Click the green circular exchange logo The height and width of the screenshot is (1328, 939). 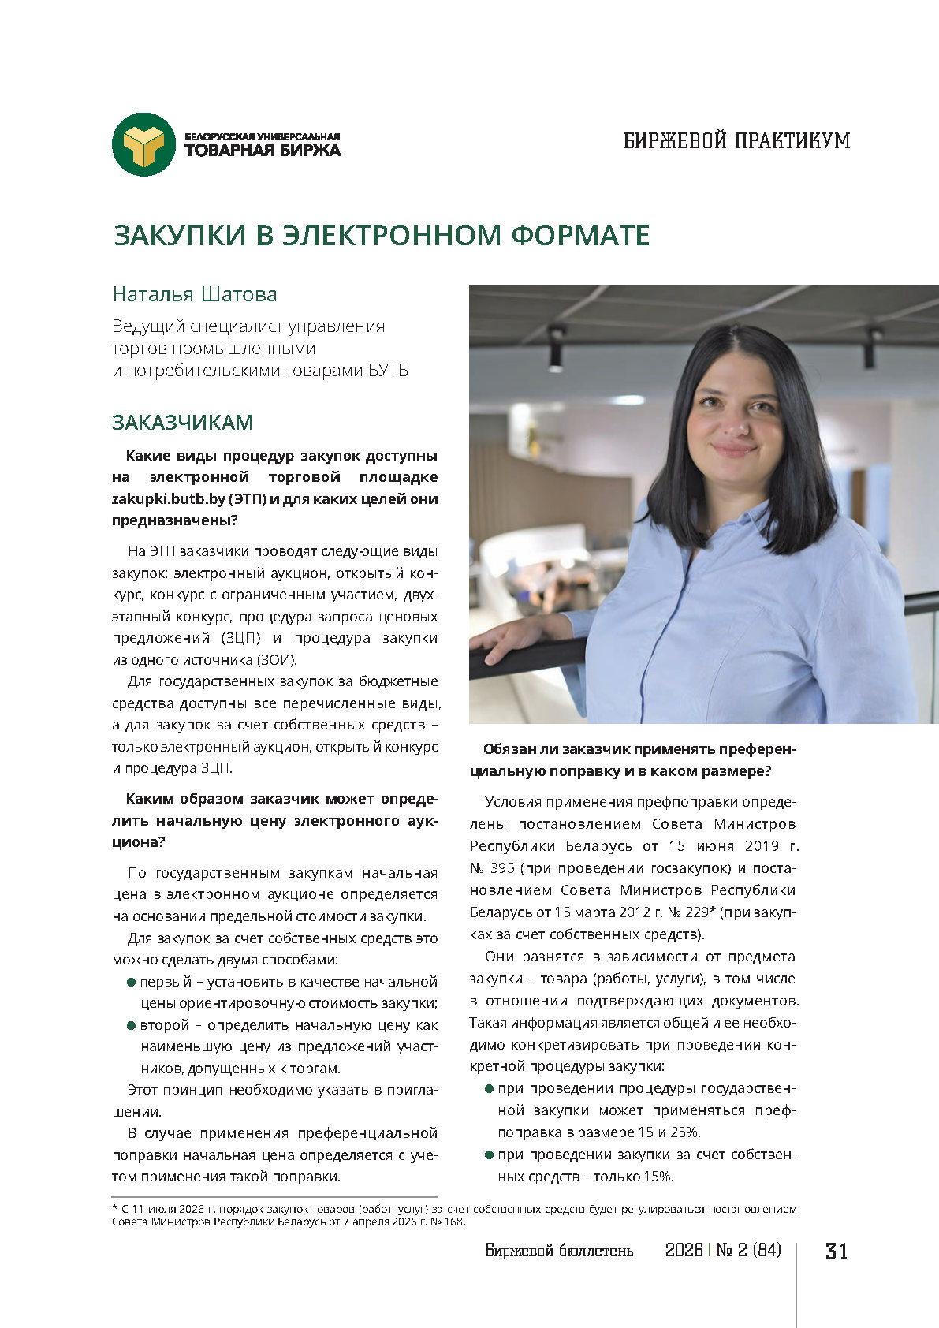coord(143,144)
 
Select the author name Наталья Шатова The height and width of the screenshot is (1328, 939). coord(195,294)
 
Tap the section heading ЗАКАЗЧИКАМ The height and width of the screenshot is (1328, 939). coord(182,423)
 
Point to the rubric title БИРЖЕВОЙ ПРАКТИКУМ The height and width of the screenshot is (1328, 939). coord(736,141)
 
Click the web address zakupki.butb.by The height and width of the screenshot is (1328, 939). coord(168,499)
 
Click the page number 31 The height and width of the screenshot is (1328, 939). coord(836,1252)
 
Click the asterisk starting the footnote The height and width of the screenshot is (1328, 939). coord(114,1208)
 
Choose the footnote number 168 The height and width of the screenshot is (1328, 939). coord(453,1222)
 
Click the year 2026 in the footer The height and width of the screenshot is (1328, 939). coord(684,1251)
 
